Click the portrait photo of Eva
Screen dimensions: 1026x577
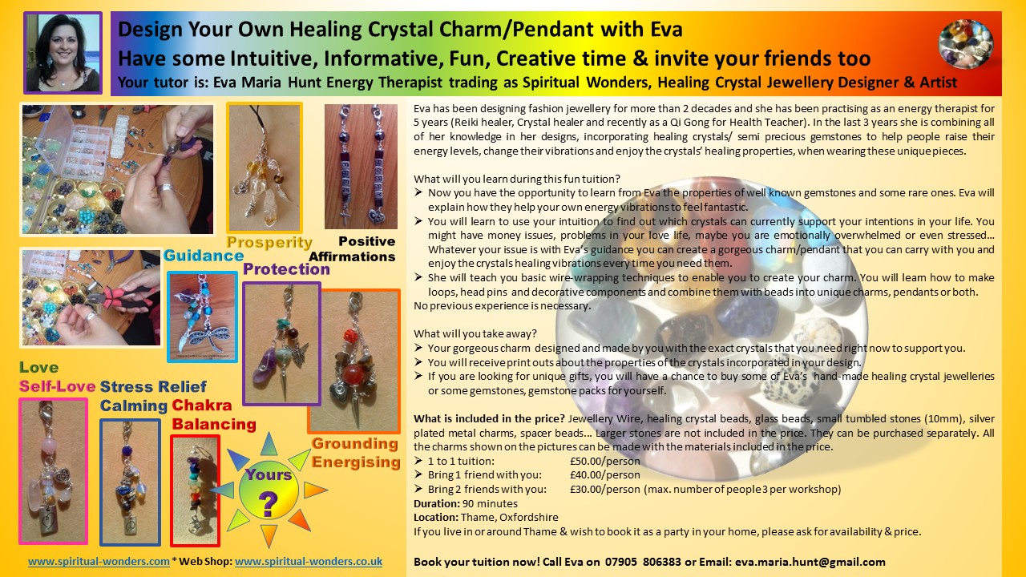[x=63, y=53]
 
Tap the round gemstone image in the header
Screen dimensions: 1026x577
[x=966, y=44]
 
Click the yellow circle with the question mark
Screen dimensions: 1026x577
[x=269, y=490]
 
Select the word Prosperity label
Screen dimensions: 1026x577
[x=269, y=242]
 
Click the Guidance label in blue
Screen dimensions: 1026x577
[x=204, y=256]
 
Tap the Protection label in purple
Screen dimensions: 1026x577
[x=286, y=269]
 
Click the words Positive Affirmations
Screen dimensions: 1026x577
[x=353, y=248]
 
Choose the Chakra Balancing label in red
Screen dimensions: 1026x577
[x=214, y=415]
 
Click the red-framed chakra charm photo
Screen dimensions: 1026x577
[x=195, y=490]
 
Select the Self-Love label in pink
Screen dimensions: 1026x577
[x=57, y=386]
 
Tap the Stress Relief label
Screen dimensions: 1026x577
[x=153, y=386]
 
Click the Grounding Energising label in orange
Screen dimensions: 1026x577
[x=356, y=453]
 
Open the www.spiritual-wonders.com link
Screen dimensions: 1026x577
[x=99, y=562]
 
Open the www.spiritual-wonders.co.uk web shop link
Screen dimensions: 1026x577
[x=309, y=562]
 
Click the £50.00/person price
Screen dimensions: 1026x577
[x=605, y=461]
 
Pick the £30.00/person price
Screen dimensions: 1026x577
[x=605, y=489]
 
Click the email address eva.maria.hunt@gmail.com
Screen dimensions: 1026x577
[x=810, y=562]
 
